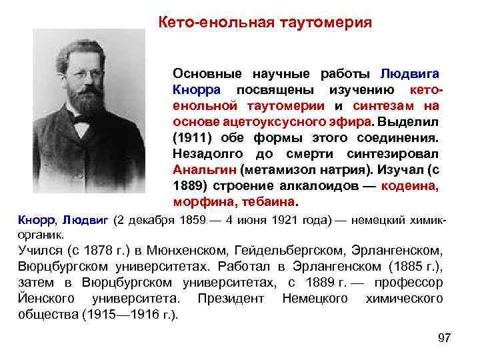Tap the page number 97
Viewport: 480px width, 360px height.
[x=445, y=338]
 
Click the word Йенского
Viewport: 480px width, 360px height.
[x=45, y=299]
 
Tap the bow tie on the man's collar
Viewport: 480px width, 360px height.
[x=83, y=121]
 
